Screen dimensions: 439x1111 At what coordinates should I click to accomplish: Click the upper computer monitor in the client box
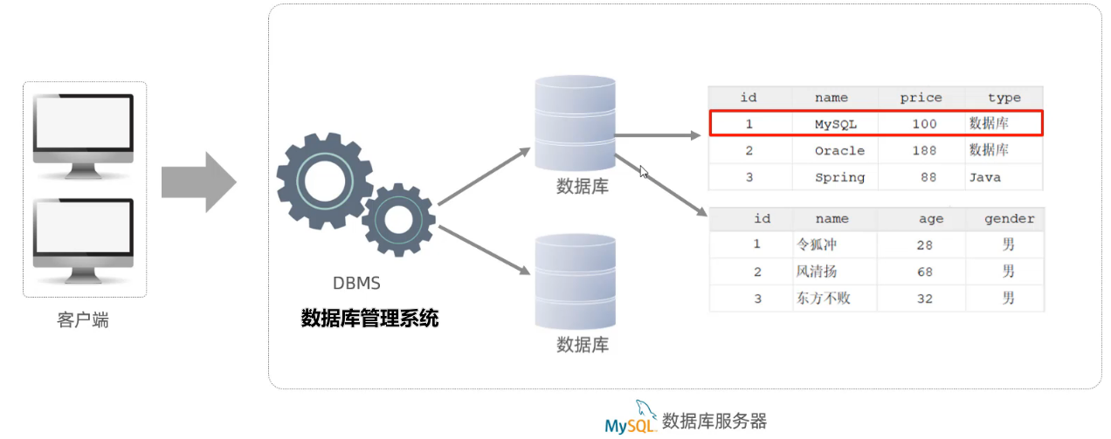tap(83, 128)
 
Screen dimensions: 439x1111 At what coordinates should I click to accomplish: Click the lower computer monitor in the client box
tap(83, 233)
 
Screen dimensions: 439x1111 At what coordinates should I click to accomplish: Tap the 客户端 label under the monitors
tap(83, 320)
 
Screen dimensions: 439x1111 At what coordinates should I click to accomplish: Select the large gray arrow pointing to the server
tap(198, 182)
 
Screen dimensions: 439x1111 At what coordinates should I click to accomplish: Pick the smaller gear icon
tap(398, 220)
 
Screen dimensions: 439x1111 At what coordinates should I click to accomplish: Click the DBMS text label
tap(356, 284)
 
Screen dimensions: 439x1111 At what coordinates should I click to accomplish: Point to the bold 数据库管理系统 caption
tap(369, 319)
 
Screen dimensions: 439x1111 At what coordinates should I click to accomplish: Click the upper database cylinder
tap(575, 123)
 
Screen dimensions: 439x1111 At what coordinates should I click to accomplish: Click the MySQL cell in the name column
tap(835, 124)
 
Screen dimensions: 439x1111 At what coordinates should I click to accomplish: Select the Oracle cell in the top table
tap(838, 150)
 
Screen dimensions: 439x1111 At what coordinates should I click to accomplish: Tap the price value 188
tap(923, 150)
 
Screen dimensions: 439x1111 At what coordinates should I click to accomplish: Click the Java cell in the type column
tap(983, 177)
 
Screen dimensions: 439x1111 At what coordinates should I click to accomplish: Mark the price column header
tap(921, 98)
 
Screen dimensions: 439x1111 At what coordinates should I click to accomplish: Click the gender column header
tap(1009, 219)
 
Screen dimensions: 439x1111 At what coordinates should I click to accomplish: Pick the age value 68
tap(924, 272)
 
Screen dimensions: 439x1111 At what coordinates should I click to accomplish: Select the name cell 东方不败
tap(824, 298)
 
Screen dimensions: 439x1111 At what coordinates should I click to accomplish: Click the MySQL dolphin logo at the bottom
tap(630, 420)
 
